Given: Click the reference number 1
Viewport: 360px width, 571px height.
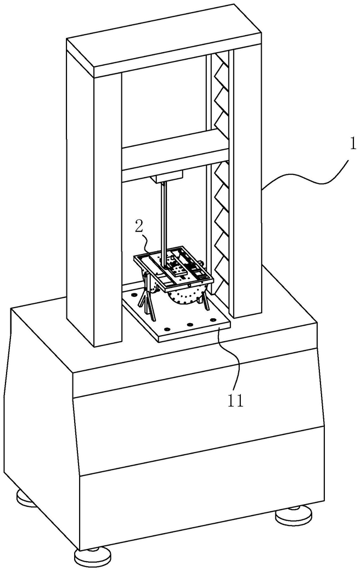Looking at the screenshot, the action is click(x=352, y=145).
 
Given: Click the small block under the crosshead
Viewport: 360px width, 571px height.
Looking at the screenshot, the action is click(x=168, y=177).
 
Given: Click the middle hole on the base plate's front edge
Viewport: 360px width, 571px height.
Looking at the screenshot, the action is click(x=189, y=324).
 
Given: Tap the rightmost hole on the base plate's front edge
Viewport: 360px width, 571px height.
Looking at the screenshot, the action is click(x=213, y=320).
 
